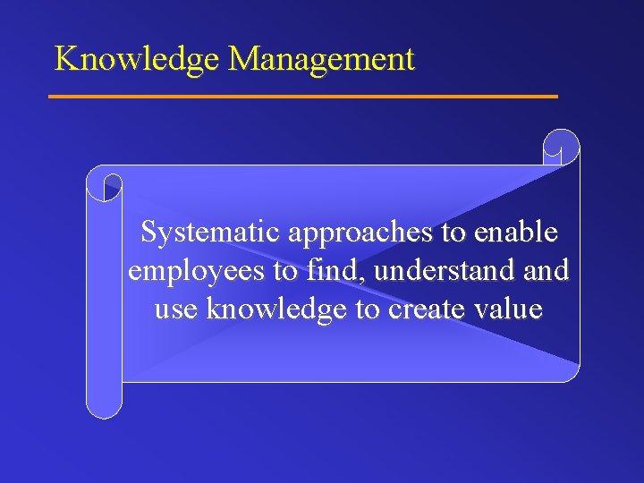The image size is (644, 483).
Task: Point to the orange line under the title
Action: click(302, 96)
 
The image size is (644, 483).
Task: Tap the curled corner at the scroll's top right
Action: click(562, 147)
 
